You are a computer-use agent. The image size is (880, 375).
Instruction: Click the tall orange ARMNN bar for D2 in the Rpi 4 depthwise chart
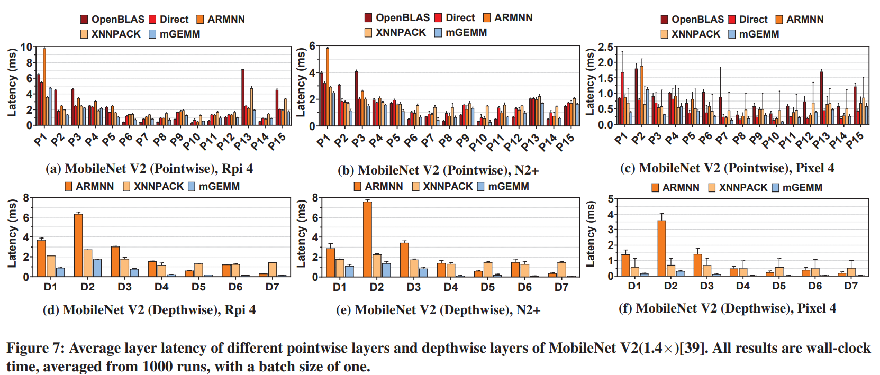coord(78,245)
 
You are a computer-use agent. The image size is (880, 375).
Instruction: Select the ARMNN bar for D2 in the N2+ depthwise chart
coord(367,239)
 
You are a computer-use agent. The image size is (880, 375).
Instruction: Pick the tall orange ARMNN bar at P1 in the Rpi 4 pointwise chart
coord(44,87)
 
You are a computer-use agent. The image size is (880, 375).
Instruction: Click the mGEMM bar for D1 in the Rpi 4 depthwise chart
coord(60,272)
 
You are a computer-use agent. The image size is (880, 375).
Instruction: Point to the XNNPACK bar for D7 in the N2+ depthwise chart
coord(561,269)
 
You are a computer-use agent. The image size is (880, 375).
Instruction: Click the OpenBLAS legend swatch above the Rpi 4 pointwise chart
coord(84,20)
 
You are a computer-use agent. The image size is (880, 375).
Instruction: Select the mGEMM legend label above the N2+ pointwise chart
coord(466,33)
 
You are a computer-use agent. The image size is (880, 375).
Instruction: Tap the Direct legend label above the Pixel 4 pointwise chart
coord(753,20)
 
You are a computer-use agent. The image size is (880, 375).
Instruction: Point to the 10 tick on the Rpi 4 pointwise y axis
coord(26,47)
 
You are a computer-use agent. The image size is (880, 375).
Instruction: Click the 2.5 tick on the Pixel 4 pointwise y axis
coord(605,47)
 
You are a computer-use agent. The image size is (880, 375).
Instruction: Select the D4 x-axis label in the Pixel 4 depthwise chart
coord(742,286)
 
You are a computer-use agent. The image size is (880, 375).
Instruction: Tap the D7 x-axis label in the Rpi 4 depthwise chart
coord(272,287)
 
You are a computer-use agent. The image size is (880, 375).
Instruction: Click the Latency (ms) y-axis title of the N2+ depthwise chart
coord(301,233)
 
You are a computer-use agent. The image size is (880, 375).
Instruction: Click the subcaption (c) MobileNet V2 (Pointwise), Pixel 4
coord(727,168)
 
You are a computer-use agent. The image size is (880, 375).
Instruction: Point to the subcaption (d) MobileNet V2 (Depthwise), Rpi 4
coord(149,310)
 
